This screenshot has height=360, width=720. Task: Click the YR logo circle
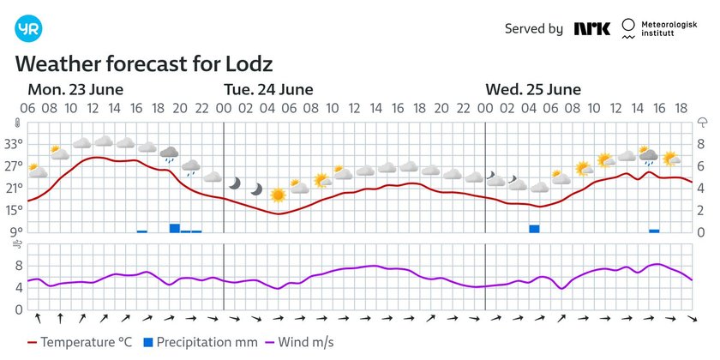(28, 28)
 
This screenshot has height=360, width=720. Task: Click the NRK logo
(591, 28)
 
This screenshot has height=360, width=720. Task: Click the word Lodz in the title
(249, 65)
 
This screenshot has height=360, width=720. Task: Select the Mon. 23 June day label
(75, 90)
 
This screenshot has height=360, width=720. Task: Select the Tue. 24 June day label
(268, 90)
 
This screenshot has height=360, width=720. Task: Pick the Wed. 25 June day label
(533, 90)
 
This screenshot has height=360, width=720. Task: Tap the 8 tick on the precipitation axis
(701, 143)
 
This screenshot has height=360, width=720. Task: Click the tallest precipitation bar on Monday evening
(174, 228)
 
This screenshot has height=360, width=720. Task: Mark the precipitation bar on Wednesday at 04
(534, 228)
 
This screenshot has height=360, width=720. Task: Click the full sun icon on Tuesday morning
(278, 195)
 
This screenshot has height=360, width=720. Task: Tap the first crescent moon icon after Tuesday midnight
(235, 183)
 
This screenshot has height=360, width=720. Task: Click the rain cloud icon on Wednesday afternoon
(649, 157)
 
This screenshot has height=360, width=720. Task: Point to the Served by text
(533, 29)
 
